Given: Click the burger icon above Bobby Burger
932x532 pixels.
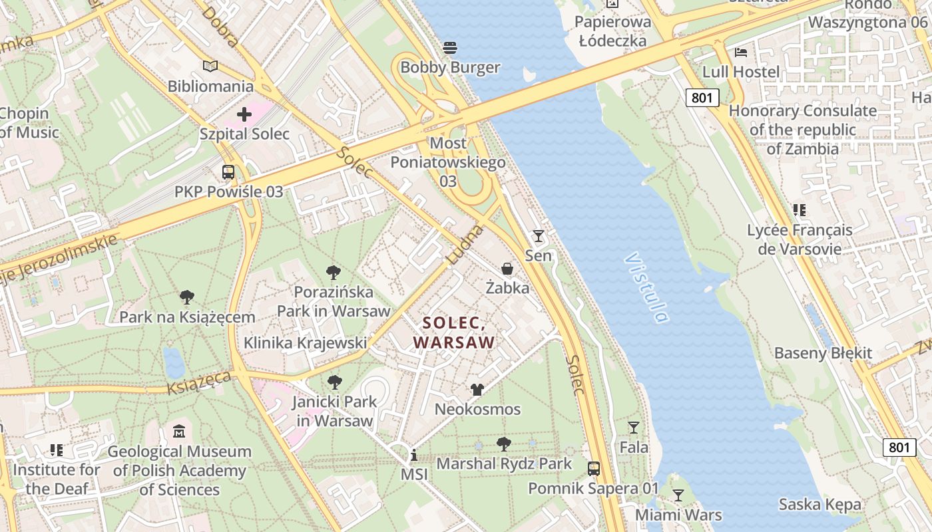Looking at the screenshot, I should (450, 48).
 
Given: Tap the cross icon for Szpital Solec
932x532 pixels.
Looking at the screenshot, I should (244, 114).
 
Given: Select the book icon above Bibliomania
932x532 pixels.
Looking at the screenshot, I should (210, 66).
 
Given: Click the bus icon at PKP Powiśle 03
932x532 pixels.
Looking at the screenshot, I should (228, 172).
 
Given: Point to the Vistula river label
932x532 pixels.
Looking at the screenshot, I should (646, 287).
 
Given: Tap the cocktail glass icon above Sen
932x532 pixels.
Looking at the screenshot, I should (538, 236).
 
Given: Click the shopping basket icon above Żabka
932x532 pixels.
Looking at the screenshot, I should (507, 269).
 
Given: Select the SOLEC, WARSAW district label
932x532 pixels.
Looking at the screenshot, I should (454, 332).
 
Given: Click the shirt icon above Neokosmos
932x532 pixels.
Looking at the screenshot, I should (477, 390).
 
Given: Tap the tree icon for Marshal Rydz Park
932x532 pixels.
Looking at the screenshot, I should (504, 444).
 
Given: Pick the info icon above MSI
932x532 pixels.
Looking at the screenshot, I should (414, 456).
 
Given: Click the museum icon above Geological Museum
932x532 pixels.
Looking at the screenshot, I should (179, 432).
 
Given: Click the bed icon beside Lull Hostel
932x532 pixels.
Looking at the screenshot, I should (741, 52).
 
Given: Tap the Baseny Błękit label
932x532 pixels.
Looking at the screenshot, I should (823, 353).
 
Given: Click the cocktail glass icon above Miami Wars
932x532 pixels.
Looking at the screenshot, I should (678, 495).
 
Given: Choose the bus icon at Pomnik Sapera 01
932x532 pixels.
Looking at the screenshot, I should (594, 469).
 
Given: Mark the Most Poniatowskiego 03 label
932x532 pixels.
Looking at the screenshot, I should (448, 162).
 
